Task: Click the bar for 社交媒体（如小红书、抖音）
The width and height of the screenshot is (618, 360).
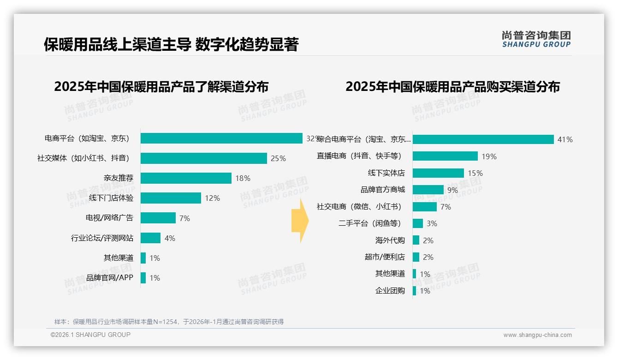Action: [203, 158]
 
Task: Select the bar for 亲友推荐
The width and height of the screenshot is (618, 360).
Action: [186, 178]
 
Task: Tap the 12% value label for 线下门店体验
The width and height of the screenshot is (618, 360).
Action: [212, 198]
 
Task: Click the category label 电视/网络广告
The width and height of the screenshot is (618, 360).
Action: [109, 218]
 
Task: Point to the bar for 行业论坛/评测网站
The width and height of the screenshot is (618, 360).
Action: [150, 238]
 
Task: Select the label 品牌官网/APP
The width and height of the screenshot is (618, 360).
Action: [110, 278]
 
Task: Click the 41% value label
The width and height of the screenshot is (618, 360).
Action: [565, 139]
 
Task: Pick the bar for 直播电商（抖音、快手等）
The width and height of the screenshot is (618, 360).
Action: [445, 156]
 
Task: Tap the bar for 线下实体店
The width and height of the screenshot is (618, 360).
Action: [438, 173]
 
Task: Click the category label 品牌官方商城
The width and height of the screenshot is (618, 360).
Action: [382, 190]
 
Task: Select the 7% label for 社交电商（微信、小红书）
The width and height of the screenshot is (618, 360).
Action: [446, 207]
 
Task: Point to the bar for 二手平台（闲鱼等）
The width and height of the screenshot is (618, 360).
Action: [418, 223]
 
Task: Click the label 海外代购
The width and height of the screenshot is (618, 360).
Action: [390, 240]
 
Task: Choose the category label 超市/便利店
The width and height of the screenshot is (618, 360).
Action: [385, 257]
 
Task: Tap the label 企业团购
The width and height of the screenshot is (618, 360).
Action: [390, 291]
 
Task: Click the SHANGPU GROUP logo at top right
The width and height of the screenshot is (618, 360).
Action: [536, 39]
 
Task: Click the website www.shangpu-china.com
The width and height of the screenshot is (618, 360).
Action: [537, 335]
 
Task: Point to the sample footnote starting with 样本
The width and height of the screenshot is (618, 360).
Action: [169, 322]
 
